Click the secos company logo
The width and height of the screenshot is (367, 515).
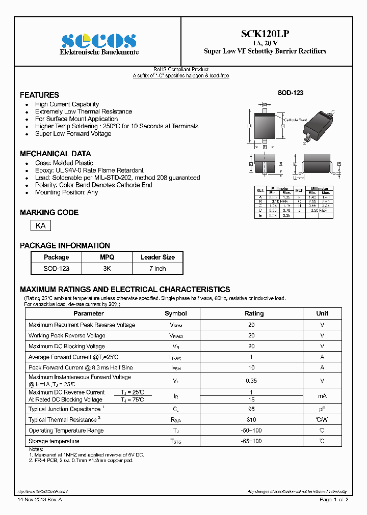pos(98,41)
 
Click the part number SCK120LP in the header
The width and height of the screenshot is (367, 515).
pos(265,34)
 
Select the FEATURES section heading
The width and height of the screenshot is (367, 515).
pos(39,95)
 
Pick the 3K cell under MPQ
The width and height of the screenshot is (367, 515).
pos(107,268)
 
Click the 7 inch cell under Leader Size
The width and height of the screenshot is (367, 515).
pos(158,268)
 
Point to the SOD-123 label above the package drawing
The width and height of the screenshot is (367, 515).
pos(290,93)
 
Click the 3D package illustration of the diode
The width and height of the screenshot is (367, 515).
pos(317,124)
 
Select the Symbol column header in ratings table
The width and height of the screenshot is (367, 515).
pos(176,313)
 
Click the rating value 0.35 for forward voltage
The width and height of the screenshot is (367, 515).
pos(251,380)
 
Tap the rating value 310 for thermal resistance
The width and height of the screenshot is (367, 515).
pos(251,420)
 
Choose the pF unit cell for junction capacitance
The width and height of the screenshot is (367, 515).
pos(322,409)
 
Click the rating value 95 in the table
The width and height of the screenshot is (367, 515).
pos(251,409)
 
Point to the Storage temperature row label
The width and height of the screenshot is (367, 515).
pos(54,441)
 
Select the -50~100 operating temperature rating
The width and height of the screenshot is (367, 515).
pos(251,431)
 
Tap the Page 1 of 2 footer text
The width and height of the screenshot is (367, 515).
pos(334,500)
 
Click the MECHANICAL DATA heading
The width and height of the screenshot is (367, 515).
pos(55,154)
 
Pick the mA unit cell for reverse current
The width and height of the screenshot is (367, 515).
pos(322,396)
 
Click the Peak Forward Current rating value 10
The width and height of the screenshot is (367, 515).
pos(251,367)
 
